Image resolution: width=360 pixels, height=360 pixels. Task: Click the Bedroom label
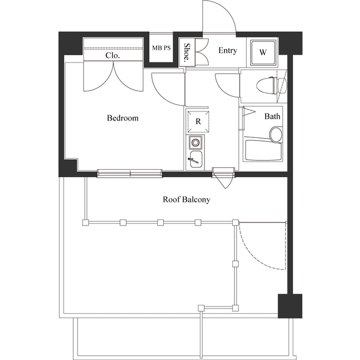(122, 118)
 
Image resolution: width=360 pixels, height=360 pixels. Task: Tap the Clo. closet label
(113, 55)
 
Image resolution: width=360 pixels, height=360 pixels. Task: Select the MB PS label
(161, 48)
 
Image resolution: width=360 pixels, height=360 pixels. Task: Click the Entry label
(227, 50)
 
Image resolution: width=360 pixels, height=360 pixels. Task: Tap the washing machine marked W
(263, 52)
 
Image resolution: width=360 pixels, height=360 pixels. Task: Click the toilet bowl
(266, 85)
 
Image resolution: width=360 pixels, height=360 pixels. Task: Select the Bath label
(272, 116)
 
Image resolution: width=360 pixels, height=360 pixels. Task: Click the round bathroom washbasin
(276, 134)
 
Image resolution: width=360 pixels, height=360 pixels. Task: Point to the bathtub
(263, 151)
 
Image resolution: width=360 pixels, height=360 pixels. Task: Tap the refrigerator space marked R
(199, 121)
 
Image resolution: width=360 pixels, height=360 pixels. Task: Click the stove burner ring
(195, 143)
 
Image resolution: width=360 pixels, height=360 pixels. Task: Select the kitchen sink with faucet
(196, 160)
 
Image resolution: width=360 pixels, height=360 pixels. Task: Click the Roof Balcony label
(187, 199)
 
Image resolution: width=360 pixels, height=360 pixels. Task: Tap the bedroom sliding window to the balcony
(130, 173)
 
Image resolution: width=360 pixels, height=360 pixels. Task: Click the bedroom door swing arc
(162, 95)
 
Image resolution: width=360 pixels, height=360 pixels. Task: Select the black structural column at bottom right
(290, 306)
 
